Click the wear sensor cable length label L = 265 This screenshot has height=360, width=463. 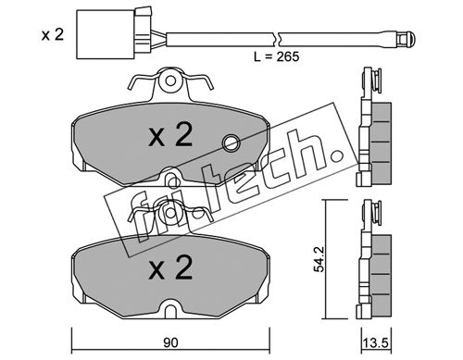[x=276, y=56]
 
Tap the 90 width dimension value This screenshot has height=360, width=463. [x=170, y=342]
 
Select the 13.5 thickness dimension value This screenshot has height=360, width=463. [x=376, y=343]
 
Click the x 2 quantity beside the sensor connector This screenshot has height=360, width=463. [x=53, y=35]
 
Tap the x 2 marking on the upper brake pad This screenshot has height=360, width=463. [x=170, y=135]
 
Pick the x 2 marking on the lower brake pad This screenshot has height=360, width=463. [x=170, y=267]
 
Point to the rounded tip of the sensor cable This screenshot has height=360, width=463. [x=407, y=39]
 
